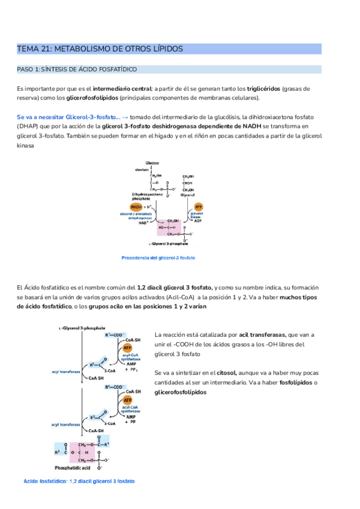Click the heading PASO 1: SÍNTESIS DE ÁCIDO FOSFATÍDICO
[x=77, y=70]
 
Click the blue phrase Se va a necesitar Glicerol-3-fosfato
[x=67, y=116]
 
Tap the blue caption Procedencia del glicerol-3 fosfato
[x=158, y=258]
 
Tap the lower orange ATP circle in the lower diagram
[x=127, y=400]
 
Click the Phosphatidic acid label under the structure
[x=73, y=466]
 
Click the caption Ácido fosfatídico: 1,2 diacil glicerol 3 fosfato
[x=79, y=481]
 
